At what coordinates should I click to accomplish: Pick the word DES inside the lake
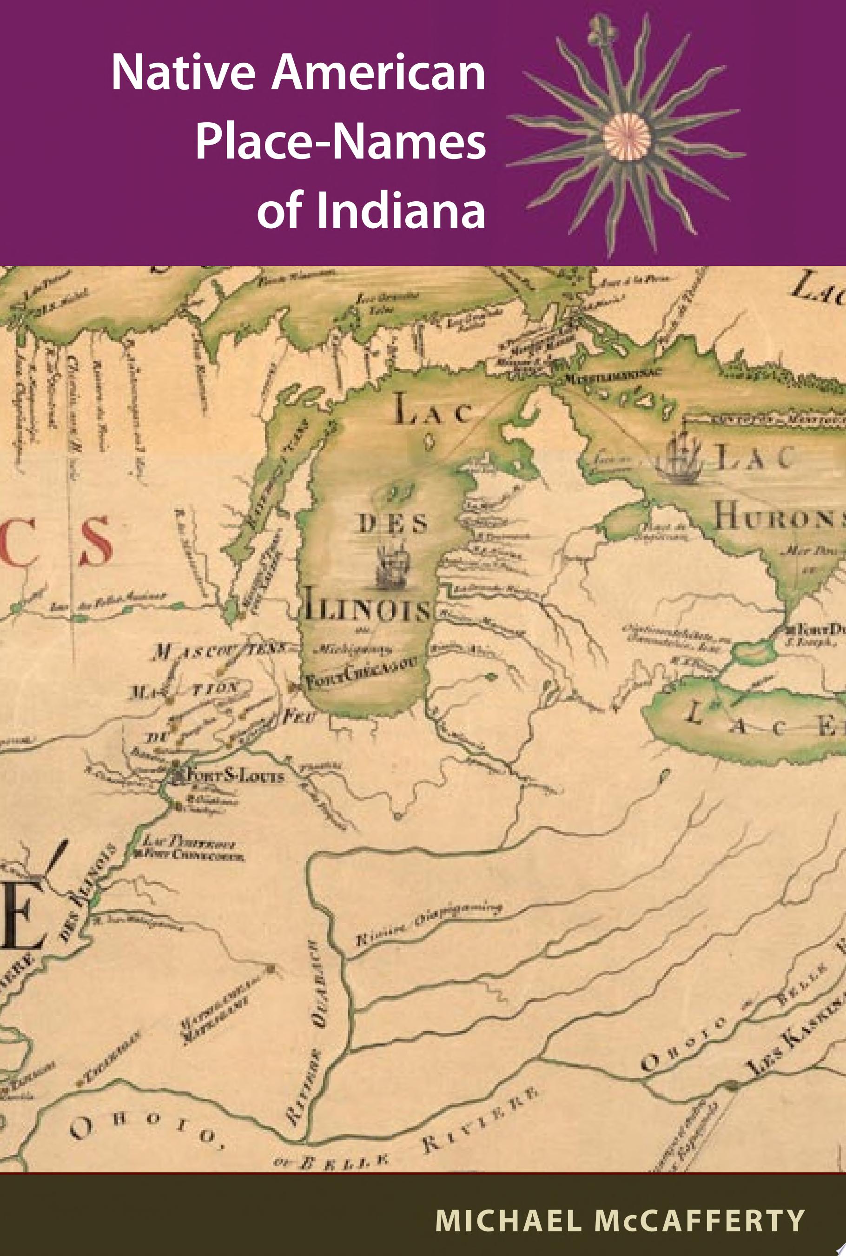(x=393, y=523)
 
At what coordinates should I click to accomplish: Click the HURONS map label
(x=779, y=517)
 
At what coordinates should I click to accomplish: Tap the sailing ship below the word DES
(x=393, y=567)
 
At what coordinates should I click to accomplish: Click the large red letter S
(x=97, y=541)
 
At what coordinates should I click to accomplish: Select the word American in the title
(x=377, y=74)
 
